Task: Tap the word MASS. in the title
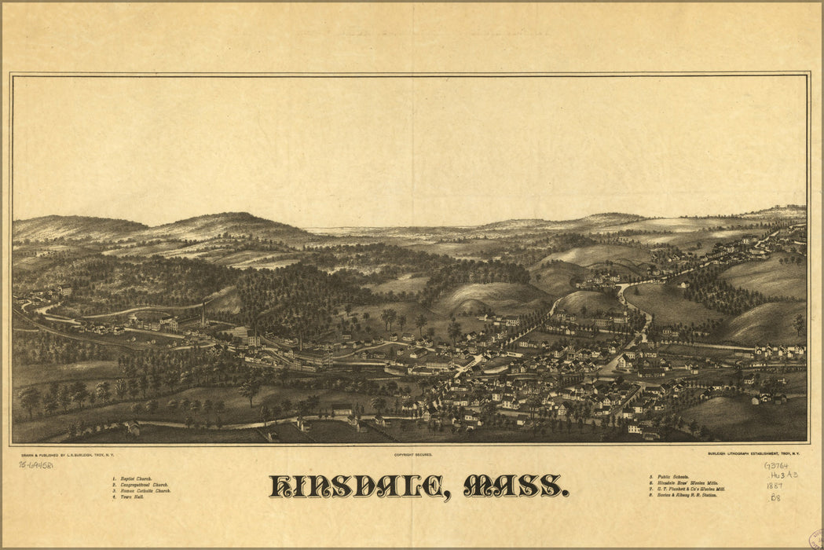pos(515,486)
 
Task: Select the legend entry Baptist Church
pos(134,478)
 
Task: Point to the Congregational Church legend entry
pos(142,485)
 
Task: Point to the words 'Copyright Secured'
pos(413,455)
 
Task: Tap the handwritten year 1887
pos(775,486)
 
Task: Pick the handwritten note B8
pos(775,497)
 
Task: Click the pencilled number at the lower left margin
pos(36,465)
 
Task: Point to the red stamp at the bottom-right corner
pos(816,541)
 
